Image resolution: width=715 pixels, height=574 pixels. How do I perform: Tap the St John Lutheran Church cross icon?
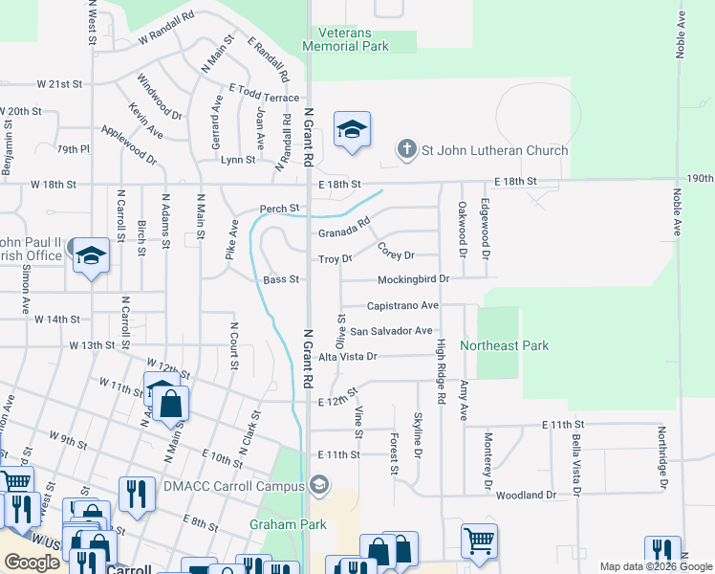(x=407, y=150)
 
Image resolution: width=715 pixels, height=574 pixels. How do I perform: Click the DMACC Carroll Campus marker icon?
(x=320, y=485)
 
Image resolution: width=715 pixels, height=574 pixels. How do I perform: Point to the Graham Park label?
(x=288, y=524)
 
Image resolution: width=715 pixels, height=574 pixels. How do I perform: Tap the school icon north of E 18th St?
(x=352, y=130)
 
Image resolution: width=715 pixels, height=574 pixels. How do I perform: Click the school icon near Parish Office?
(x=91, y=255)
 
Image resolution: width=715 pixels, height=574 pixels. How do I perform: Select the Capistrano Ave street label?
(x=402, y=306)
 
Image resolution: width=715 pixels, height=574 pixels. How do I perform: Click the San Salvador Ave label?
(x=390, y=331)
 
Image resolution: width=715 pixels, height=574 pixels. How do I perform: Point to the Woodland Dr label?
(x=526, y=495)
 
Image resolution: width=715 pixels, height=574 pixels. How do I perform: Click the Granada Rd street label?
(x=344, y=231)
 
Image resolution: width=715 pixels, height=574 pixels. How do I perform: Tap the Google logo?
(x=32, y=563)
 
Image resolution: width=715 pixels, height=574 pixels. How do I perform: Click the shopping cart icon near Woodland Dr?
(x=479, y=541)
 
